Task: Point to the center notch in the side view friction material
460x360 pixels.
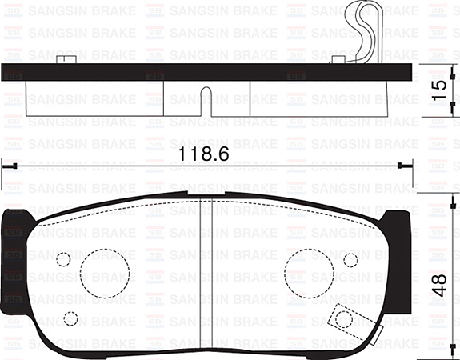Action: coord(206,102)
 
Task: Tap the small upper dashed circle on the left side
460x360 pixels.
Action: coord(62,260)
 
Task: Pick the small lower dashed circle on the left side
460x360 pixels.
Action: coord(70,318)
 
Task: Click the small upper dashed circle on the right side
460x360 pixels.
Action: coord(350,260)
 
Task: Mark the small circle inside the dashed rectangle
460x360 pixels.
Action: coord(344,319)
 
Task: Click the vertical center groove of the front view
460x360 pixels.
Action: coord(199,272)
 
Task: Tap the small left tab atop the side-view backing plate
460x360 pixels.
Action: coord(63,58)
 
